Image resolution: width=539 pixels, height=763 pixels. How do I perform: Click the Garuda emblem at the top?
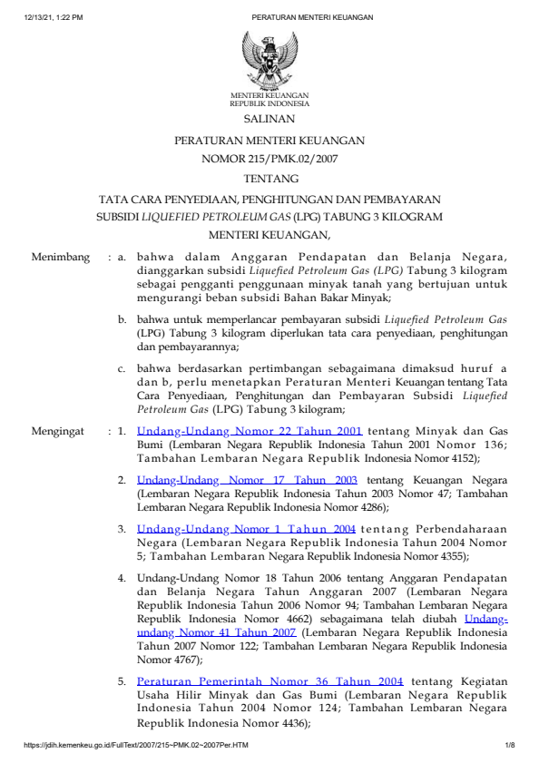pos(269,59)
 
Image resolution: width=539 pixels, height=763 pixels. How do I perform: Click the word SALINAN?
pos(269,118)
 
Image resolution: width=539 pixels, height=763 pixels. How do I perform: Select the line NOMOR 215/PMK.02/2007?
pos(269,158)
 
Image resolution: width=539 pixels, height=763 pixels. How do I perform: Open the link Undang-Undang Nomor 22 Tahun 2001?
pos(250,432)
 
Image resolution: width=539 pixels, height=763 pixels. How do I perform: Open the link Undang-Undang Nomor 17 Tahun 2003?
pos(247,479)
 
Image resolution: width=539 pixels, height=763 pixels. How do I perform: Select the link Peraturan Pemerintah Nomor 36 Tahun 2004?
pos(269,680)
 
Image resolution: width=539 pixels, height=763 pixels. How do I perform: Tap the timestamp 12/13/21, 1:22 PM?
pos(54,17)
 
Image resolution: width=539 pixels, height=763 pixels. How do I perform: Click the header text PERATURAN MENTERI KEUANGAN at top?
pos(299,17)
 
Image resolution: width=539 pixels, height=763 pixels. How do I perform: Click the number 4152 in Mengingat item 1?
pos(464,459)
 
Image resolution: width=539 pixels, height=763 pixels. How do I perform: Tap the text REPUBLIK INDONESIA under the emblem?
pos(269,103)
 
